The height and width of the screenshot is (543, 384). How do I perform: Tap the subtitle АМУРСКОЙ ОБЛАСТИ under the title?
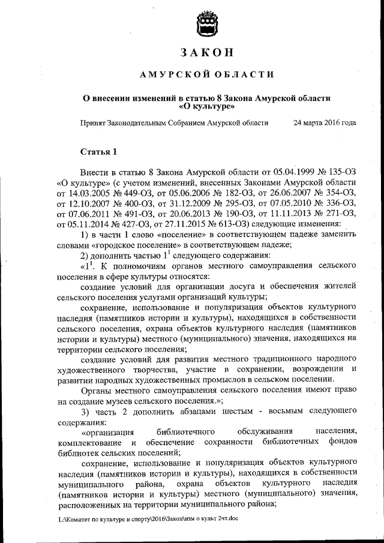(206, 74)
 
